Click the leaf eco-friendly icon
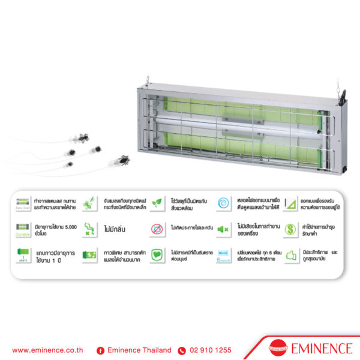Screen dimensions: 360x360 click(157, 203)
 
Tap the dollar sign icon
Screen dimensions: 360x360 click(290, 229)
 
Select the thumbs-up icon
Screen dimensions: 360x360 click(290, 255)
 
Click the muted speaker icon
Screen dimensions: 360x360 click(223, 229)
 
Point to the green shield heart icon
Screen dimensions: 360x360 click(156, 255)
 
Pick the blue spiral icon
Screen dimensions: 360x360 click(223, 203)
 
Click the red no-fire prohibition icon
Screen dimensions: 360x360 click(156, 229)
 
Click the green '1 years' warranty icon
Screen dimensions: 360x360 click(22, 255)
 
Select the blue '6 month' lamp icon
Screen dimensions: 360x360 click(223, 255)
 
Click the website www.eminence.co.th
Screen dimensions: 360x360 click(47, 350)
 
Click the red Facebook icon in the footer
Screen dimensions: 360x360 click(100, 350)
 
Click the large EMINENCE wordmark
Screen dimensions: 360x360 click(320, 349)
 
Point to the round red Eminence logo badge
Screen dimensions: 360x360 click(278, 349)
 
